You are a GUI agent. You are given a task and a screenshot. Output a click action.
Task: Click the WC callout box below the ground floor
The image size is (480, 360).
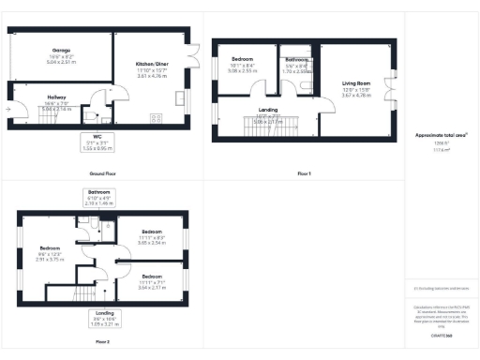(97, 143)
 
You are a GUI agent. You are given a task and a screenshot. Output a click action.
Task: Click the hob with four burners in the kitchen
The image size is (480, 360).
(155, 118)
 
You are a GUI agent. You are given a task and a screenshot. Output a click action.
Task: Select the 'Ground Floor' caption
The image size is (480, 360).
(102, 174)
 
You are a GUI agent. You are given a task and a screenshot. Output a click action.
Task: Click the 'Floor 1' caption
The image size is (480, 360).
(303, 174)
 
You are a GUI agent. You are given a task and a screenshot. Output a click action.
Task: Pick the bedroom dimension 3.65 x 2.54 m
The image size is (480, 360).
(153, 242)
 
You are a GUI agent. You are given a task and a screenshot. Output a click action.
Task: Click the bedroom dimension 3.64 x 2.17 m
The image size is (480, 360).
(153, 286)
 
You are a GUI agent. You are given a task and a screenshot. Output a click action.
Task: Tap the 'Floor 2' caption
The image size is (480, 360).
(101, 342)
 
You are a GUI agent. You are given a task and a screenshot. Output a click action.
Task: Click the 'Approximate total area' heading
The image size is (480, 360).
(441, 135)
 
